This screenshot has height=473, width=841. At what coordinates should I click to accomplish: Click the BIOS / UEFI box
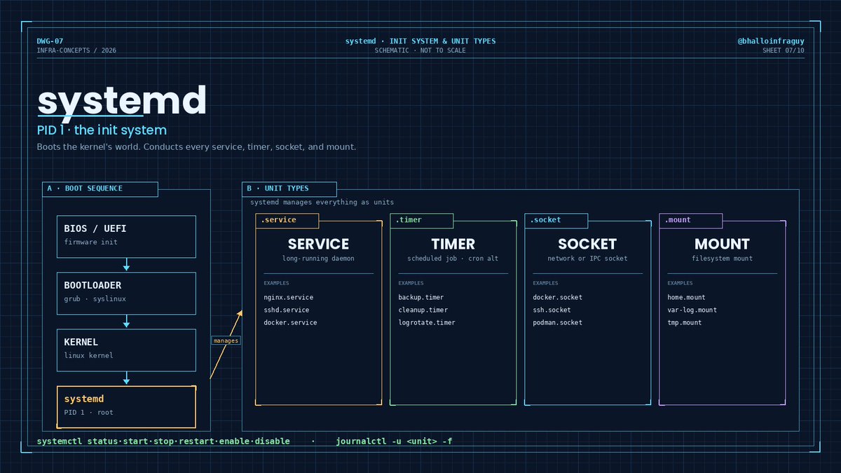126,237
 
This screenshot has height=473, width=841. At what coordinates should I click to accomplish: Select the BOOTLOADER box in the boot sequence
126,293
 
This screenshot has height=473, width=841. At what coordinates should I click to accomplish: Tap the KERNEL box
126,350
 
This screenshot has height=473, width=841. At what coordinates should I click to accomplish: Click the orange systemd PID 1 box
126,407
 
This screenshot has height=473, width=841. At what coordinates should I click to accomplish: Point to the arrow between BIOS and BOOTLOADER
127,264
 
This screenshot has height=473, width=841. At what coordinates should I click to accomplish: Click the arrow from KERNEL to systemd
127,378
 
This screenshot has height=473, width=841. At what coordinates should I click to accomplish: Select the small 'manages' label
226,341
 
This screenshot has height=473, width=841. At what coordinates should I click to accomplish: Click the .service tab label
279,220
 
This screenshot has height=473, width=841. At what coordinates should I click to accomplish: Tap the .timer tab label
409,220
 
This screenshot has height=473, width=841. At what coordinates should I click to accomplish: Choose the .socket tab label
545,220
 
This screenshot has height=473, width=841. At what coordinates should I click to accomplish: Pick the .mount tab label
678,220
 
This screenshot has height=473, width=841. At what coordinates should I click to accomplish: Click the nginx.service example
288,297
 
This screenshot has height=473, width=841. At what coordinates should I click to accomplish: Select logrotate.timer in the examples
427,322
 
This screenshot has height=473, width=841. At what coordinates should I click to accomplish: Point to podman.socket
558,322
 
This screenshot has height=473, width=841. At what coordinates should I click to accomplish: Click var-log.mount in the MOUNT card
692,310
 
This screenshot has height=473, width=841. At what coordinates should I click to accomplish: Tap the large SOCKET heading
587,244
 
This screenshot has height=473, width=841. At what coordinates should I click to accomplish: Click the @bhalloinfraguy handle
771,41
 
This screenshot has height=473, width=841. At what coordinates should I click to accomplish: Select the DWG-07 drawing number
50,41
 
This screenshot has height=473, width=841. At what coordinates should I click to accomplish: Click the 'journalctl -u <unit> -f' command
394,441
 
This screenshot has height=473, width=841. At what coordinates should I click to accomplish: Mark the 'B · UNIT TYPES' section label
278,188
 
